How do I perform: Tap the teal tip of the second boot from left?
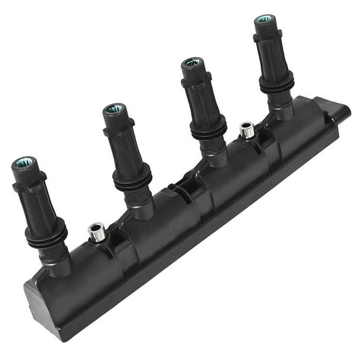(114, 109)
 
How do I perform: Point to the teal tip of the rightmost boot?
(264, 19)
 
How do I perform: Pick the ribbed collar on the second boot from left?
(132, 179)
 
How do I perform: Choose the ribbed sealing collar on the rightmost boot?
(277, 84)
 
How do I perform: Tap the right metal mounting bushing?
(247, 129)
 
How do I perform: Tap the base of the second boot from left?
(142, 206)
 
